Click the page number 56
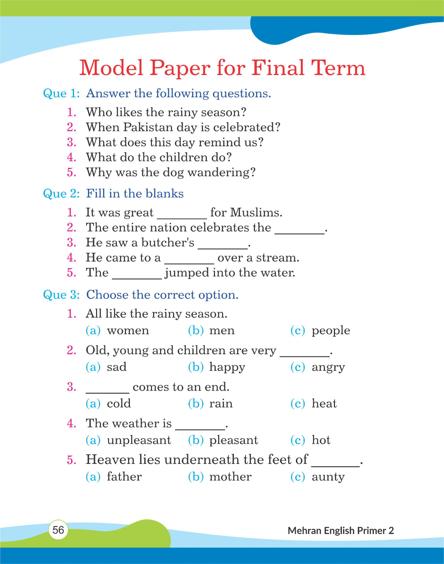click(58, 530)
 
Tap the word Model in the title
click(111, 68)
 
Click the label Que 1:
click(61, 93)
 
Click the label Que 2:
click(61, 194)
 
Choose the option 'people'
click(331, 331)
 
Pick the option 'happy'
click(227, 367)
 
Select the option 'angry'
click(328, 367)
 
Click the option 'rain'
click(221, 404)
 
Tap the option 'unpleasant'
click(139, 440)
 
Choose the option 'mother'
click(230, 477)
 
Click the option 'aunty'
click(328, 477)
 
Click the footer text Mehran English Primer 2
click(341, 531)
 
